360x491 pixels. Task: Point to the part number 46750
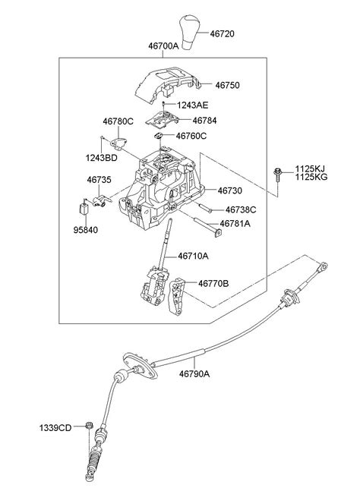point(226,86)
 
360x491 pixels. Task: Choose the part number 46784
point(204,120)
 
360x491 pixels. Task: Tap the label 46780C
point(118,120)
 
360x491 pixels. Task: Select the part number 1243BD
point(101,159)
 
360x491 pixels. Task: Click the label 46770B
point(214,283)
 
